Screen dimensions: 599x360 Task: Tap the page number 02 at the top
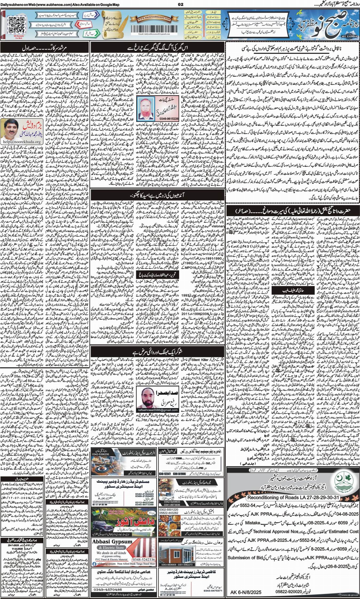181,4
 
